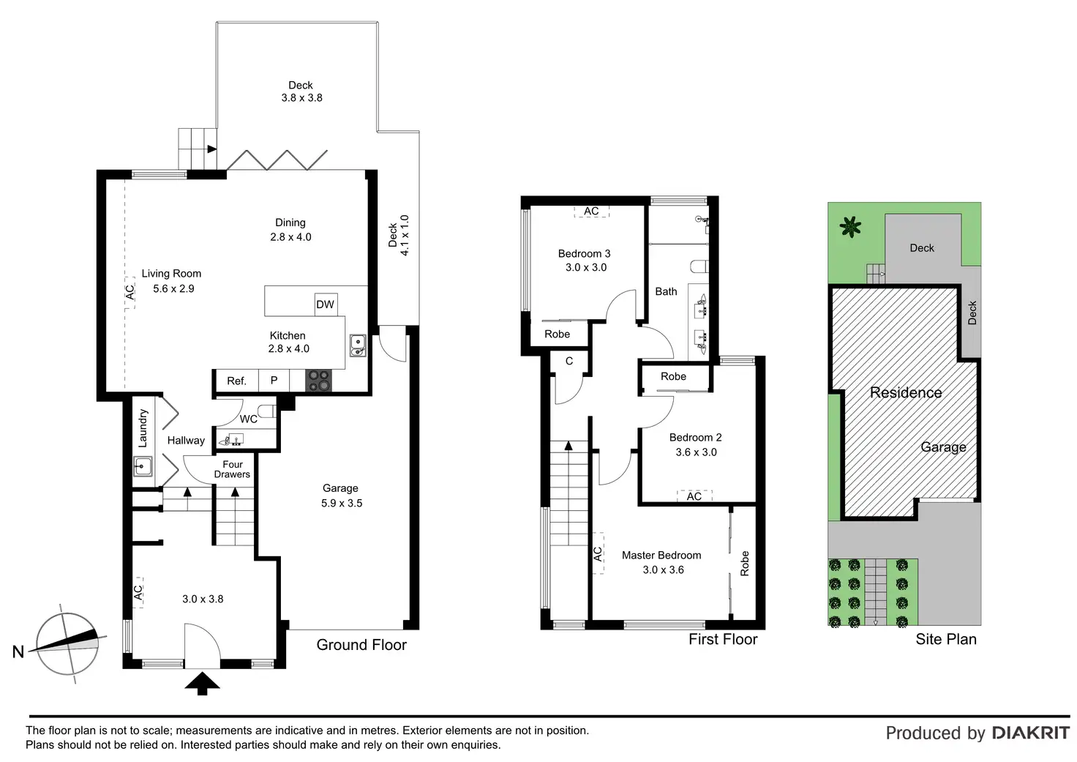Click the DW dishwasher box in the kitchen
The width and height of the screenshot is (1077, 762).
coord(325,305)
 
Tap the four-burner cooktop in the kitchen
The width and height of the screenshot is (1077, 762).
coord(319,380)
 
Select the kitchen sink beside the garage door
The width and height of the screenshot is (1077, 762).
coord(358,345)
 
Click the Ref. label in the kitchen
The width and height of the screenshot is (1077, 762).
coord(236,381)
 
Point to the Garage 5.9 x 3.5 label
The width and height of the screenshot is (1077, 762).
coord(341,496)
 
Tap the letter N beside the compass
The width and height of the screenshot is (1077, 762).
coord(18,651)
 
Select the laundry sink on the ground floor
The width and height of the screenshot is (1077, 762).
coord(143,466)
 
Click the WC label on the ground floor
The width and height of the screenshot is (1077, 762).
coord(249,419)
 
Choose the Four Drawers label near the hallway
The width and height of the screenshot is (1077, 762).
coord(232,469)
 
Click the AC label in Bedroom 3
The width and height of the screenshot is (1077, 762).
coord(591,212)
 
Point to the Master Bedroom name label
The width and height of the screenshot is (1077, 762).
coord(661,556)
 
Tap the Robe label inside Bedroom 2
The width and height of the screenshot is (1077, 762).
coord(673,376)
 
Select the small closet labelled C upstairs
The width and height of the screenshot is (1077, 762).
coord(569,361)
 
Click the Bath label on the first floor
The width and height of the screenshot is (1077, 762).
coord(666,291)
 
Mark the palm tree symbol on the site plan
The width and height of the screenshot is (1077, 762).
coord(849,227)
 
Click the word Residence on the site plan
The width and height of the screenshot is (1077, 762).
coord(906,393)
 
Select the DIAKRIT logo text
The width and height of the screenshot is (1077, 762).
coord(1031,733)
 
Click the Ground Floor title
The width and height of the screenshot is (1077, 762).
coord(361,645)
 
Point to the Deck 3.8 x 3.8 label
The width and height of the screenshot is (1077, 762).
coord(301,91)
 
